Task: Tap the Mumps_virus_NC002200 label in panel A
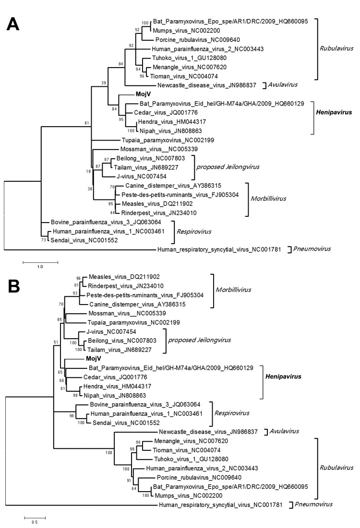179,30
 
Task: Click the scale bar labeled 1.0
40,262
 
